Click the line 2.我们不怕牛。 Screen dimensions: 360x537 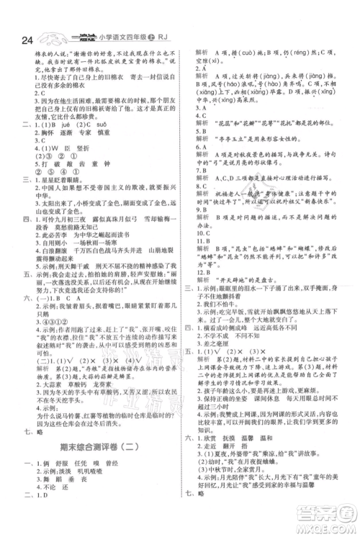[220, 285]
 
